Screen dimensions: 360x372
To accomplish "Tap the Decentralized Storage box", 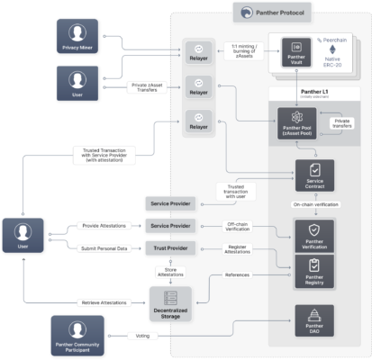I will click(170, 299).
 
